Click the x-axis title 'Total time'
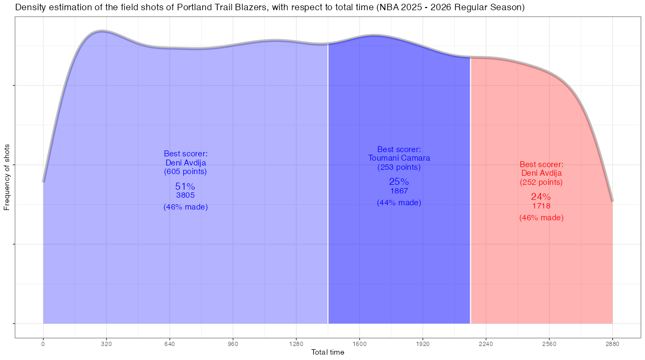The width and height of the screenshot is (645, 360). pos(328,352)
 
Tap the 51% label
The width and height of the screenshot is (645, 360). pos(185,186)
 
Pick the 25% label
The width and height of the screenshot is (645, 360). pos(399,182)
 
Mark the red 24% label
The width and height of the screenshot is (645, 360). pos(541,197)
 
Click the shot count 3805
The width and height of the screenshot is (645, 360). pos(185,196)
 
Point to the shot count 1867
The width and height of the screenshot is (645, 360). pos(399,191)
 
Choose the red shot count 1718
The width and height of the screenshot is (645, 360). pos(541,206)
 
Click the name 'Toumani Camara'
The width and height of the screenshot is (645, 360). pos(399,158)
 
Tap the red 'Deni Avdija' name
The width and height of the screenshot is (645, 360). pos(541,173)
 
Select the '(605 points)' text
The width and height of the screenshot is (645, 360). pos(185,171)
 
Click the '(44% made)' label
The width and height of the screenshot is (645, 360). pos(399,203)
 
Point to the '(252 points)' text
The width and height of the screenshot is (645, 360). pos(541,182)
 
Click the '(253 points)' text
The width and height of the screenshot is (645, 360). pos(399,167)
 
